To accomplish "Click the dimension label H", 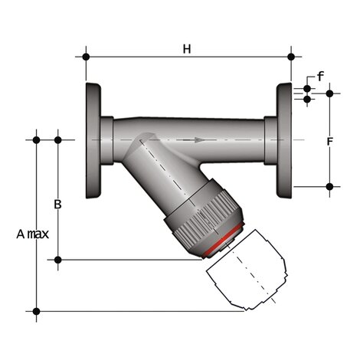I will click(186, 49).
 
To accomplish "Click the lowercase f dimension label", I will click(320, 77).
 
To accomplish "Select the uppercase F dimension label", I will click(329, 142).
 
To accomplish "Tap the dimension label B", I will click(57, 205).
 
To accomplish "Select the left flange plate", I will click(94, 140).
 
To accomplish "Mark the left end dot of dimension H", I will click(86, 56).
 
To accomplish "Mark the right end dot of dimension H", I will click(292, 56).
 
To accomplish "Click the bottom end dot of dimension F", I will click(329, 186).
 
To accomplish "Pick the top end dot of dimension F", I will click(329, 93).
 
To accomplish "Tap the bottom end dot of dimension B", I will click(57, 260).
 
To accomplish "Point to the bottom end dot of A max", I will click(36, 310).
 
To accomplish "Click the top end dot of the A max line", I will click(36, 139).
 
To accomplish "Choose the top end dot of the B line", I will click(57, 139).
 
